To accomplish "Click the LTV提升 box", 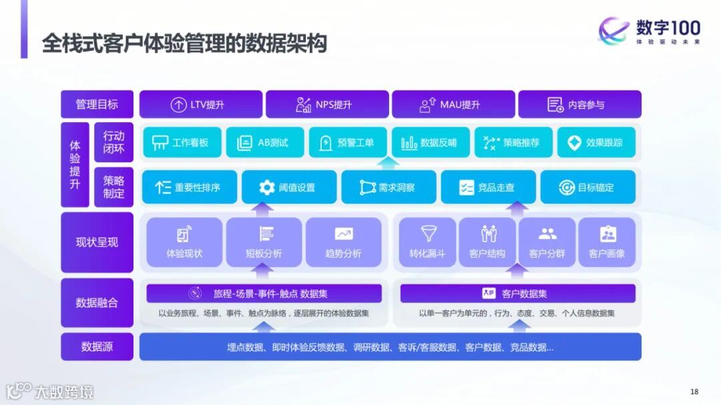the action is pyautogui.click(x=201, y=105).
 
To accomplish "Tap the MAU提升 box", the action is pyautogui.click(x=453, y=105).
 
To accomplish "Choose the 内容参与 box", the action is pyautogui.click(x=579, y=105).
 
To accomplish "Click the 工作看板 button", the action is pyautogui.click(x=182, y=143).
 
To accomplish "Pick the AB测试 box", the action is pyautogui.click(x=265, y=143).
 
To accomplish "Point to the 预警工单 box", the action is pyautogui.click(x=348, y=143).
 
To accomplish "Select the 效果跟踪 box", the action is pyautogui.click(x=596, y=143).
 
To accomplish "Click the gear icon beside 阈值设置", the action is pyautogui.click(x=267, y=187).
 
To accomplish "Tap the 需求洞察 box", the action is pyautogui.click(x=389, y=187).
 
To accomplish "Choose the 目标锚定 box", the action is pyautogui.click(x=587, y=187).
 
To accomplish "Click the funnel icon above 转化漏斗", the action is pyautogui.click(x=428, y=234).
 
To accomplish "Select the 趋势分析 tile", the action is pyautogui.click(x=343, y=242).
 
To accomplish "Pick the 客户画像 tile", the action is pyautogui.click(x=607, y=242).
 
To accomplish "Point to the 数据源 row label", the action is pyautogui.click(x=97, y=347).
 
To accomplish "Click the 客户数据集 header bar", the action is pyautogui.click(x=517, y=294).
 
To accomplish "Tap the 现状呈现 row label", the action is pyautogui.click(x=97, y=242).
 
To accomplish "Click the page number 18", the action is pyautogui.click(x=694, y=391).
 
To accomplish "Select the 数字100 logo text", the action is pyautogui.click(x=668, y=28).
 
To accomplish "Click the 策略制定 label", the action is pyautogui.click(x=113, y=187).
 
